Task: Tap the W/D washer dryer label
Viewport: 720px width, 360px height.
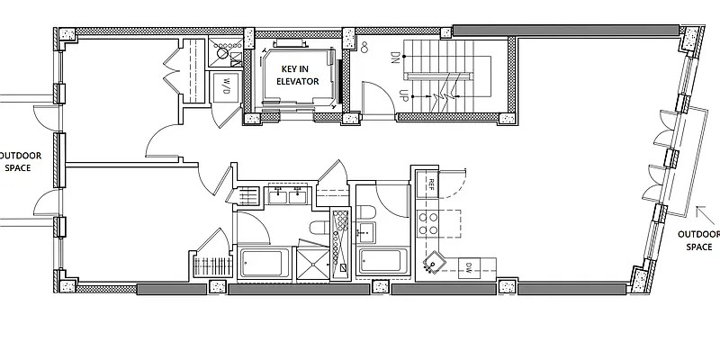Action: click(x=224, y=86)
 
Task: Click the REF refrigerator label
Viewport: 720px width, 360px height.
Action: click(x=432, y=184)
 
